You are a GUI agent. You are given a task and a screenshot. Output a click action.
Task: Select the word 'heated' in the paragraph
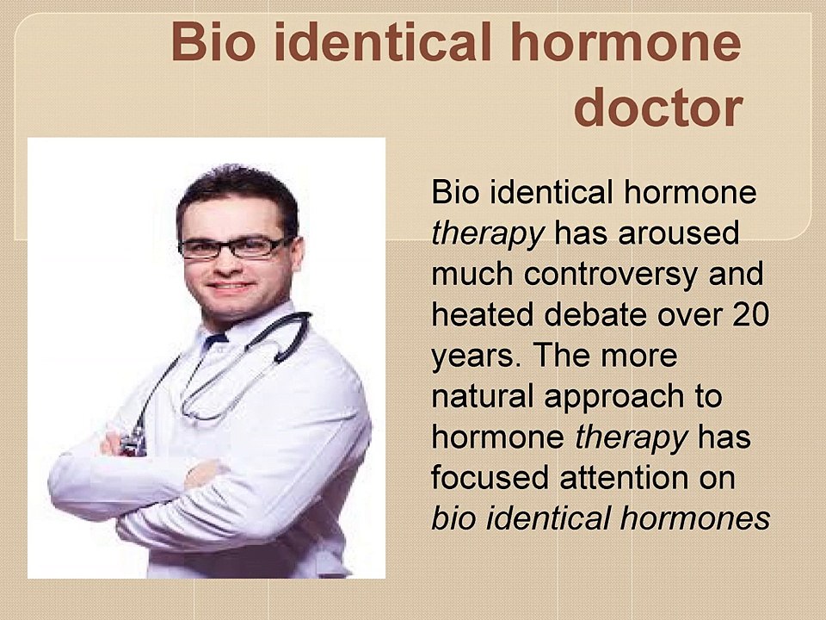(484, 315)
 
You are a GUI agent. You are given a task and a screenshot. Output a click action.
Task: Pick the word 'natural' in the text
(484, 397)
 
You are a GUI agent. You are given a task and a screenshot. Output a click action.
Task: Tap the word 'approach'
(614, 399)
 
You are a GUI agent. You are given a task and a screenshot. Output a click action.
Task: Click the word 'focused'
(490, 479)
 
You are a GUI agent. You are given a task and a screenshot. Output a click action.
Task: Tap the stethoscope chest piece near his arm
(133, 443)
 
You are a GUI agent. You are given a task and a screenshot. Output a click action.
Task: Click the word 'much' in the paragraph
(472, 274)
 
